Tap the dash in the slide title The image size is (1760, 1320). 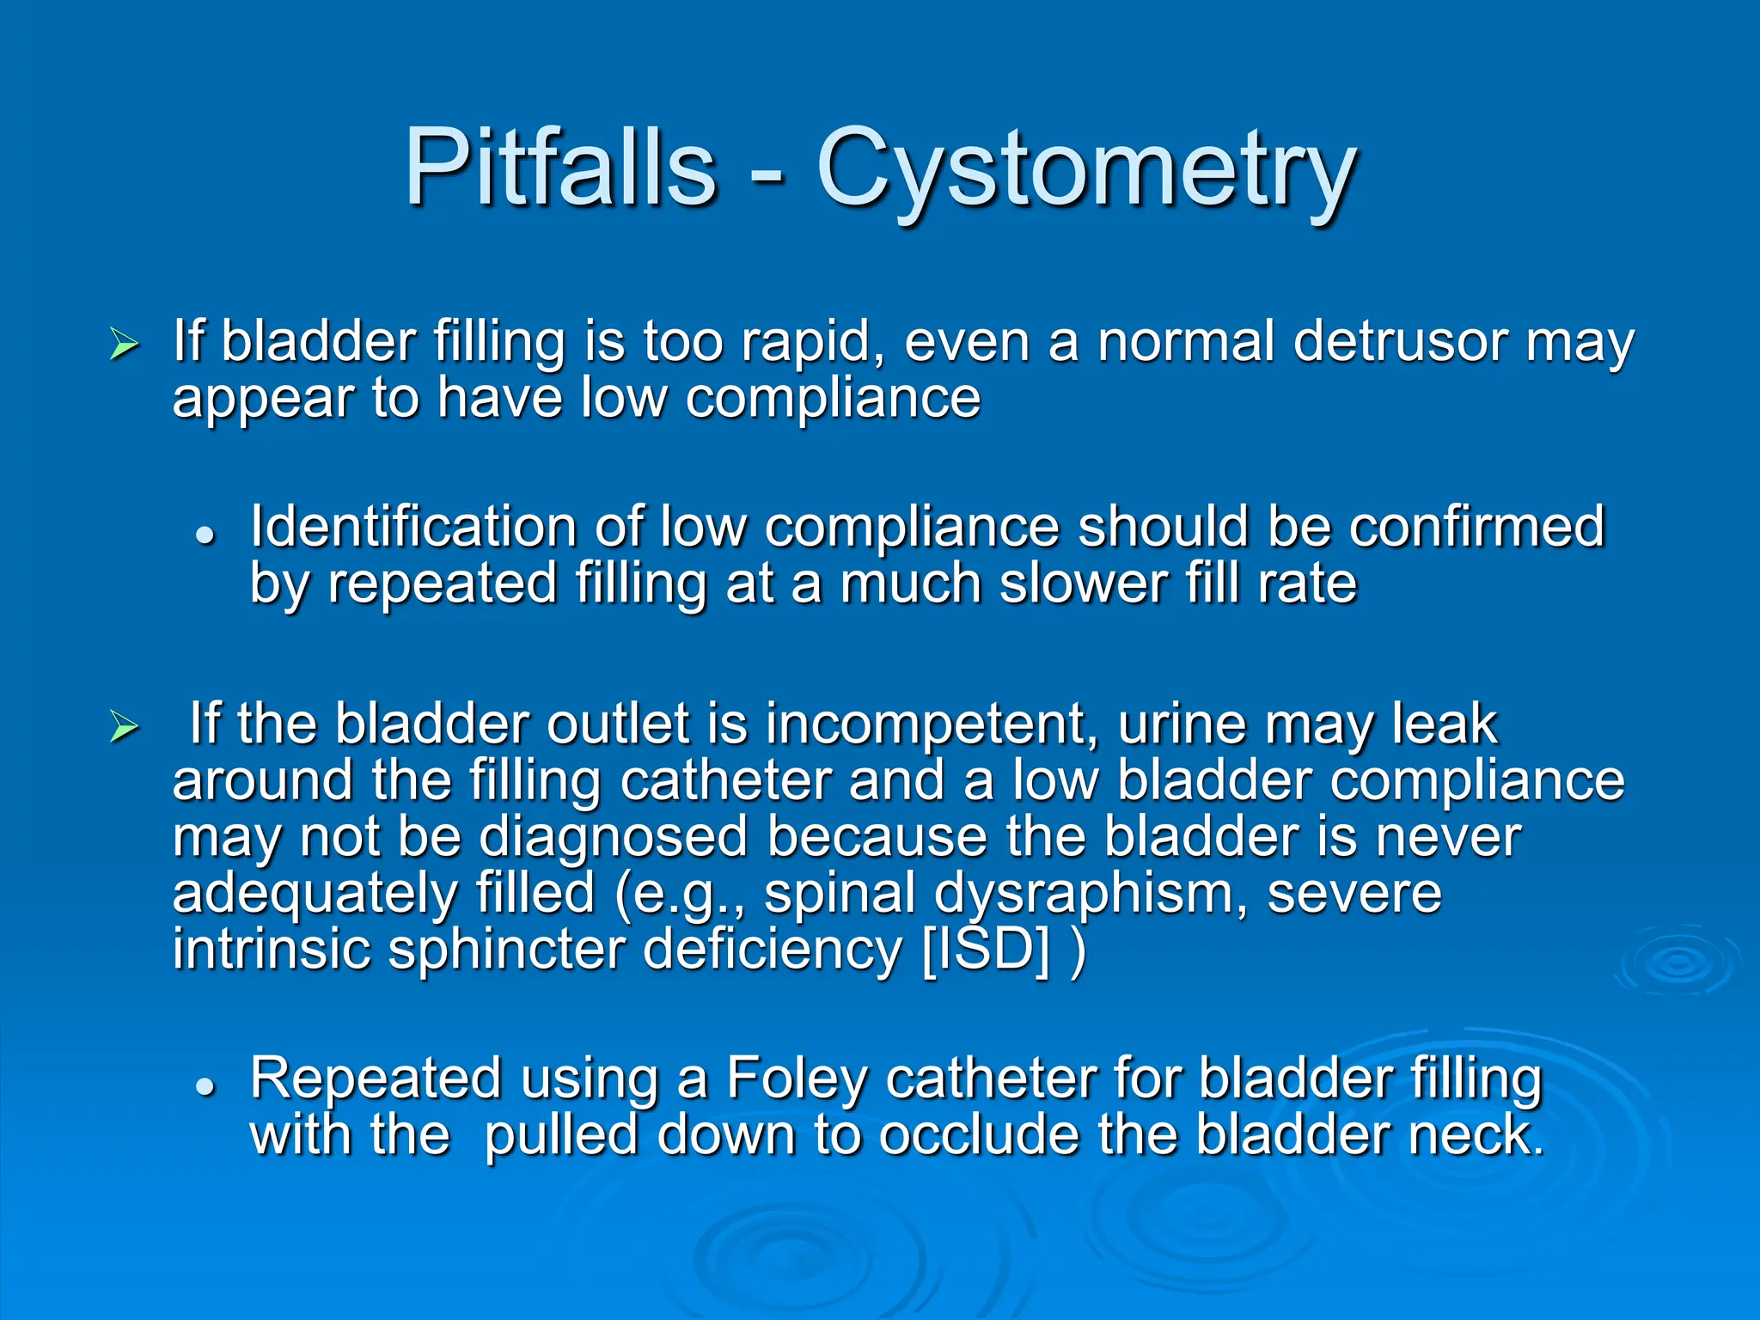coord(766,176)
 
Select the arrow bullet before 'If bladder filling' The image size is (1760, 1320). coord(125,345)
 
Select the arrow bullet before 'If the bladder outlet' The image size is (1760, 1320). coord(125,727)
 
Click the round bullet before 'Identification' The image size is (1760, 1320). coord(204,535)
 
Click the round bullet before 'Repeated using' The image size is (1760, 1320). coord(204,1086)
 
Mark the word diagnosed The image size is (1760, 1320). coord(613,839)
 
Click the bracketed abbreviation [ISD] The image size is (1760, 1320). coord(985,950)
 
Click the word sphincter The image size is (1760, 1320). coord(506,950)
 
